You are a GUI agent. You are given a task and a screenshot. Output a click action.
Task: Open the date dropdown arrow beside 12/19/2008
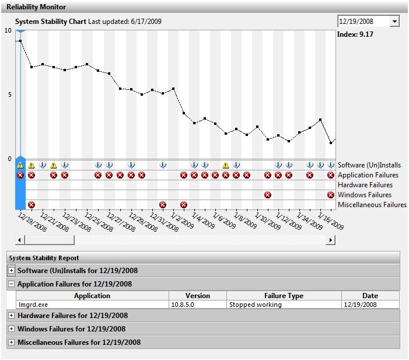point(394,22)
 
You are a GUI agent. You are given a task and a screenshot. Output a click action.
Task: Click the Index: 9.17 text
point(355,34)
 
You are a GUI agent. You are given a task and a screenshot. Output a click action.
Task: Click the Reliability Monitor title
point(36,7)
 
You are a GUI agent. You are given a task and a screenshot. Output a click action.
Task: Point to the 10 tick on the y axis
point(8,30)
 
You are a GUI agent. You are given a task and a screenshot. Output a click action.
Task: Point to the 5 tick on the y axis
point(9,95)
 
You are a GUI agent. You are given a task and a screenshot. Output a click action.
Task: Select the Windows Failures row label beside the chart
point(365,195)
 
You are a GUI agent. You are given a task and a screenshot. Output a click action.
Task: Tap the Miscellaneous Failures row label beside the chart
point(372,205)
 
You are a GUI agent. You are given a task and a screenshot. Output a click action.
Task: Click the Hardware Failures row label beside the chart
point(365,185)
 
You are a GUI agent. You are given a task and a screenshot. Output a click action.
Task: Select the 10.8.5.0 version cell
point(186,305)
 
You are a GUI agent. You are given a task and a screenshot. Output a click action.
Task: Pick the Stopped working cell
point(255,305)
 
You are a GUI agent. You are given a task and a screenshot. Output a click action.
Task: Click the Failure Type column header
point(284,296)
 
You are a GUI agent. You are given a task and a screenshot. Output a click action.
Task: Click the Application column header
point(92,296)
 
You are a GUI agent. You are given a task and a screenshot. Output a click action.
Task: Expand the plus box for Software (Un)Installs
point(12,271)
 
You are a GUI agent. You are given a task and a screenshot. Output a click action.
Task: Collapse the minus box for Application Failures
point(12,284)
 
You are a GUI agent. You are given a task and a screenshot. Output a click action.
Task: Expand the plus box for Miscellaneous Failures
point(12,342)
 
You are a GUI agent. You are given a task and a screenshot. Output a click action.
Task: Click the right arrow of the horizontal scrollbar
point(331,240)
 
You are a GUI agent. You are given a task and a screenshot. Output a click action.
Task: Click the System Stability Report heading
point(44,257)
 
